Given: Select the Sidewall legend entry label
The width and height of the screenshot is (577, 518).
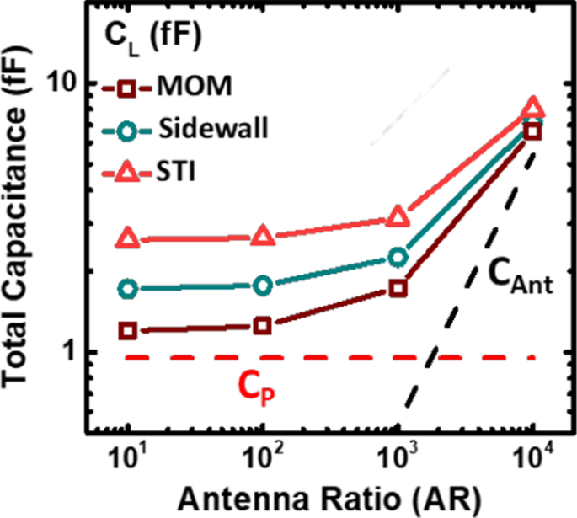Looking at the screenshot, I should [x=212, y=130].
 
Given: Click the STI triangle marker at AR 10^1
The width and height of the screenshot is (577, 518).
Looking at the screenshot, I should [x=128, y=239].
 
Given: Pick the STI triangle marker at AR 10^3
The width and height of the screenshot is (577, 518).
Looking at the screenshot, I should [x=398, y=218].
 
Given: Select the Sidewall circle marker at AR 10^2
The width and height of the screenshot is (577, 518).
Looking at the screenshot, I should [x=263, y=286].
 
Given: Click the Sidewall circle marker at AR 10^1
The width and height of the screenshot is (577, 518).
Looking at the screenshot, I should [x=128, y=290].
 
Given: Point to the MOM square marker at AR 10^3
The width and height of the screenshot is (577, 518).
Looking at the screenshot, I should [x=398, y=288].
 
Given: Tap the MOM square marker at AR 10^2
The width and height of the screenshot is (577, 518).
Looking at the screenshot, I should [x=263, y=325].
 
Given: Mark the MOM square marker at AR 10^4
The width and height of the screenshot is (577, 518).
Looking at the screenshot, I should [x=532, y=131].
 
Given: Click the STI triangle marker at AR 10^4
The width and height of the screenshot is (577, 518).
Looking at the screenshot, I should [x=532, y=108].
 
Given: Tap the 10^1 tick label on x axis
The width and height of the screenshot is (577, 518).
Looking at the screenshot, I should [x=126, y=460].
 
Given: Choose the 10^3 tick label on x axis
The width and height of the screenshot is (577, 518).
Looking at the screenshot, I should [x=397, y=460].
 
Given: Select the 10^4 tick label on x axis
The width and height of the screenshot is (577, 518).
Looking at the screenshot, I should [x=532, y=460].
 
